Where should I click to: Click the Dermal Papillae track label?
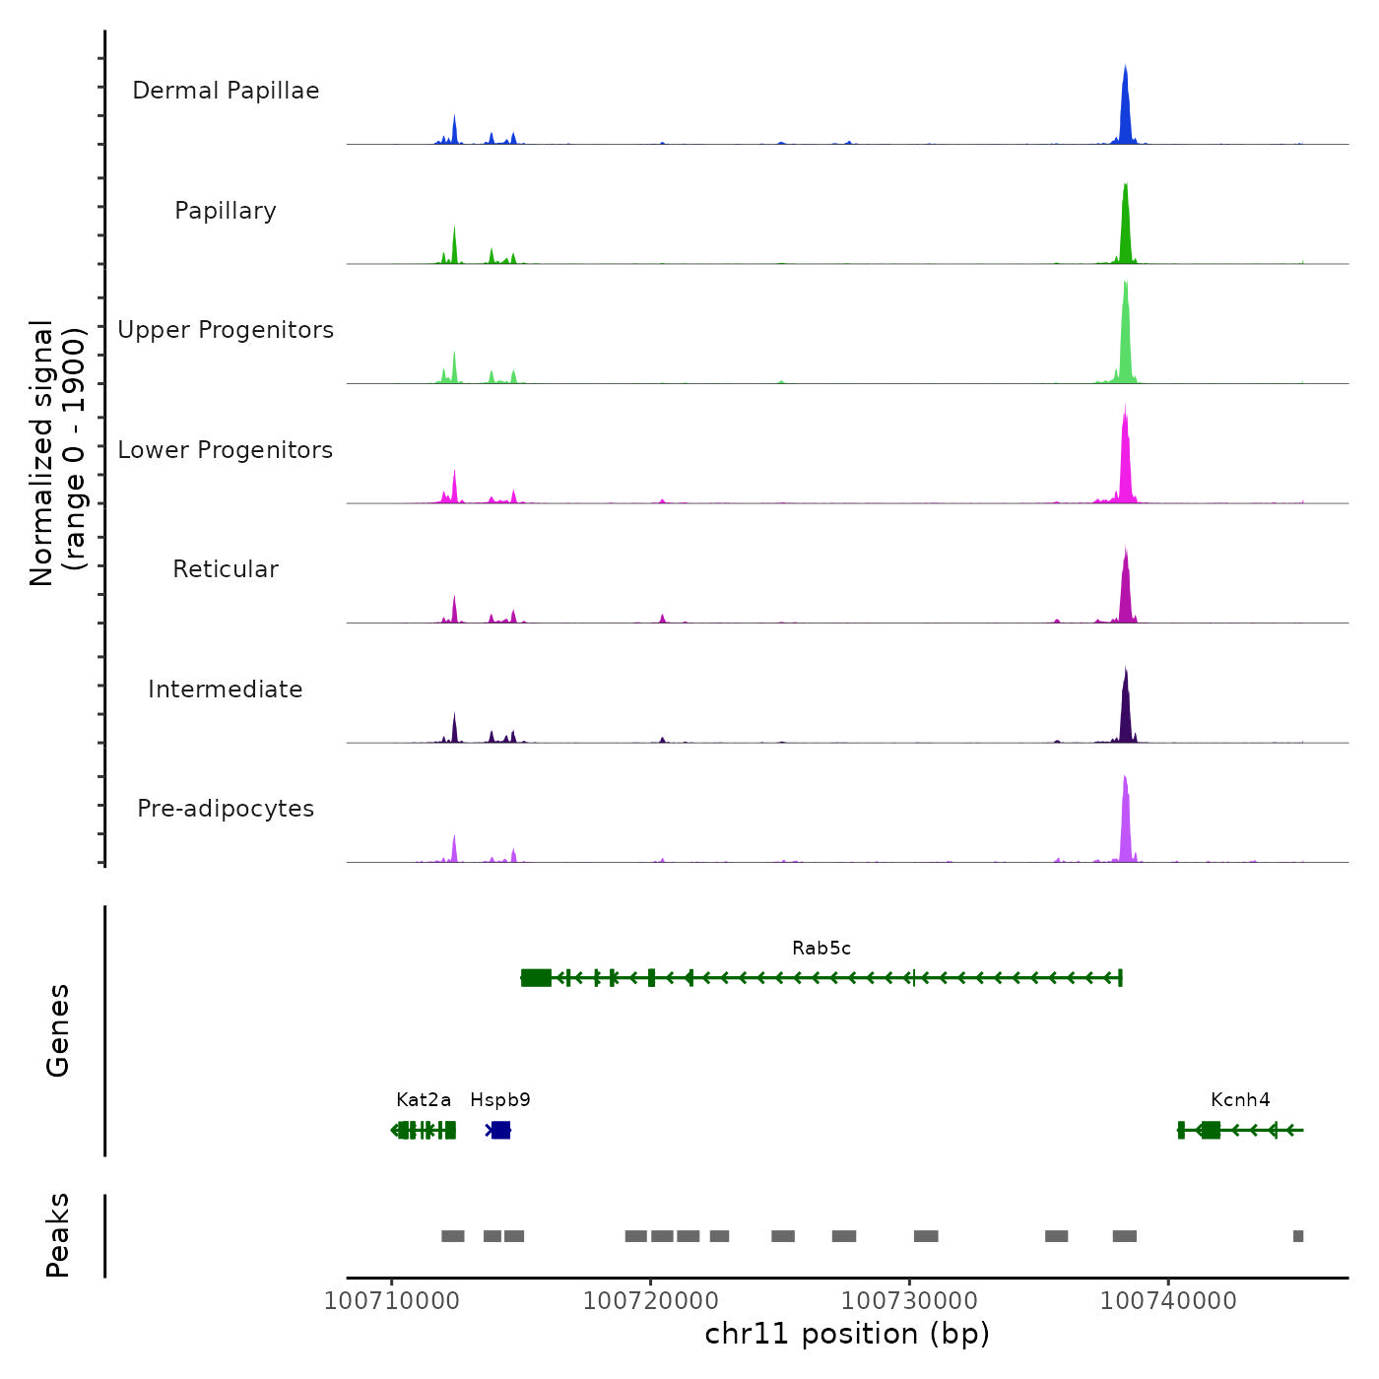tap(226, 91)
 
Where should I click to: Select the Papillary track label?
tap(226, 211)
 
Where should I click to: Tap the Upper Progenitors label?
tap(226, 330)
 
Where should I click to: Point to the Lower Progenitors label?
tap(226, 450)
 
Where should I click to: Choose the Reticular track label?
tap(226, 569)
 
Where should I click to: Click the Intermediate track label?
tap(226, 689)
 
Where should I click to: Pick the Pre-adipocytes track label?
tap(226, 809)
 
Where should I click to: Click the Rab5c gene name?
tap(821, 949)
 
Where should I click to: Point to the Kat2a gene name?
tap(424, 1100)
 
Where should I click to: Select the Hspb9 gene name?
tap(500, 1100)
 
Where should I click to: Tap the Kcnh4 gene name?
tap(1240, 1100)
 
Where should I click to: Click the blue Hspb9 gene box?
tap(500, 1130)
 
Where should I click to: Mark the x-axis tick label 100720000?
tap(650, 1301)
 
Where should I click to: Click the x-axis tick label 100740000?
tap(1168, 1301)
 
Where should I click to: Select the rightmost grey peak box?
tap(1298, 1236)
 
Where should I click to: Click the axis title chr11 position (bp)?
tap(847, 1335)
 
